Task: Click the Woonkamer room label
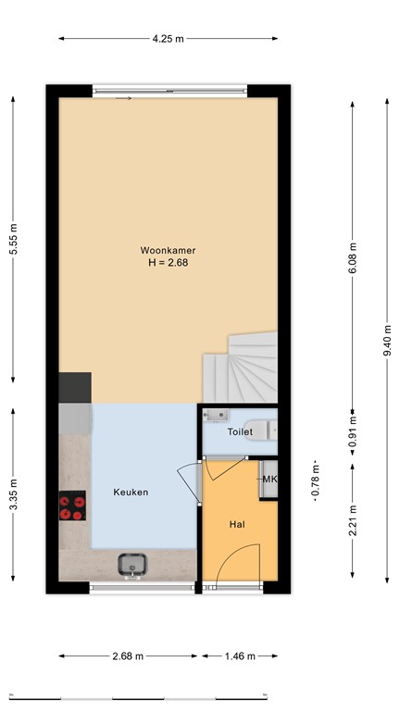click(169, 250)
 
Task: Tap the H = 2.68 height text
click(169, 262)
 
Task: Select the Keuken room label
click(131, 493)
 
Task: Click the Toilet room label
click(240, 432)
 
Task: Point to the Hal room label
click(236, 525)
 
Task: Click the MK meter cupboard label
click(269, 479)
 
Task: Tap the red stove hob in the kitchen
click(72, 507)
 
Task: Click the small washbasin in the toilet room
click(218, 415)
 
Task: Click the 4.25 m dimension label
click(168, 38)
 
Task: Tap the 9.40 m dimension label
click(387, 339)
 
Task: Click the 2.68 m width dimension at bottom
click(127, 656)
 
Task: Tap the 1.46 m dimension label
click(240, 656)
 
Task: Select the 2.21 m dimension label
click(353, 522)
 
